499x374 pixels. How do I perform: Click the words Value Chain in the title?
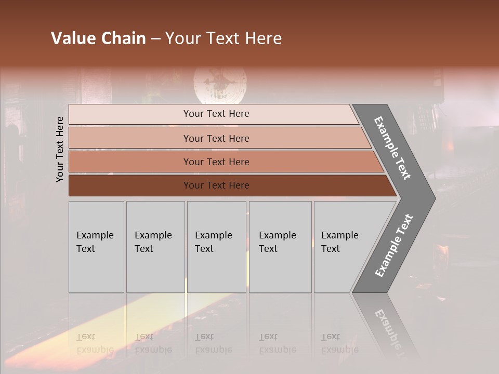[98, 38]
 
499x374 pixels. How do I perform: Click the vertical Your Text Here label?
[60, 149]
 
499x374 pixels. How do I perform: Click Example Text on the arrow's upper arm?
[392, 148]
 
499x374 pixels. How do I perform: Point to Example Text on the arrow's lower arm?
[393, 246]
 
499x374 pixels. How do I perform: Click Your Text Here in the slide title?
[224, 38]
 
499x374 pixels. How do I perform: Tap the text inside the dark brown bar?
[216, 185]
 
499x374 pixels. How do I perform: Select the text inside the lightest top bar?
[216, 114]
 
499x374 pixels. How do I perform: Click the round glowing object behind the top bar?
[220, 83]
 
